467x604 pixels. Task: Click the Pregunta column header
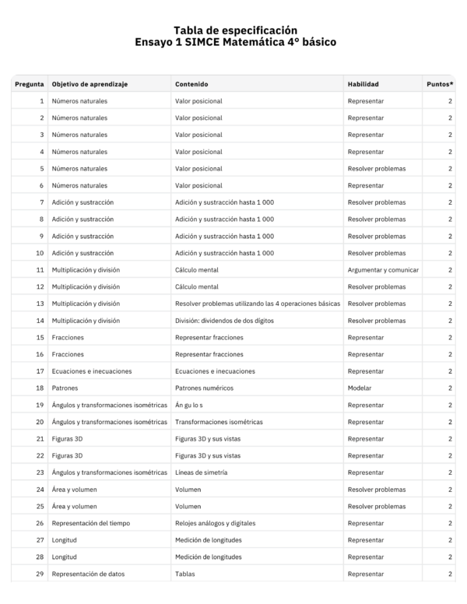(x=29, y=84)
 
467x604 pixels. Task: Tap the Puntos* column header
(x=440, y=84)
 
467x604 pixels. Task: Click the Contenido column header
(x=191, y=84)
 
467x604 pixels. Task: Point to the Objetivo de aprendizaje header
(x=90, y=84)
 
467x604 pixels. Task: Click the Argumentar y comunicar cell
(x=383, y=270)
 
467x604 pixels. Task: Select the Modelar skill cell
(x=360, y=388)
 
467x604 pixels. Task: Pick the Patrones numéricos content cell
(x=204, y=388)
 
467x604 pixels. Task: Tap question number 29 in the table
(x=39, y=574)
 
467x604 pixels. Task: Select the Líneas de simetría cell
(x=204, y=472)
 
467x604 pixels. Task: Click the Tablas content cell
(x=185, y=574)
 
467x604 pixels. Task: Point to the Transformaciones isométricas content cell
(x=219, y=422)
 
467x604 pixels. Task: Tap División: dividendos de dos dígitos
(x=225, y=321)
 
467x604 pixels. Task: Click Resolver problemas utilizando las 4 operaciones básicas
(x=258, y=304)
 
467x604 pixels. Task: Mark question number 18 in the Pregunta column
(x=39, y=388)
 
